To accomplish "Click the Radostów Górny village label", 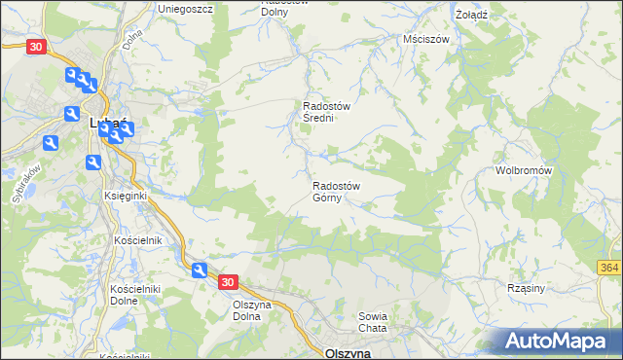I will tap(337, 193).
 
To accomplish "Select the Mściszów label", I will tap(425, 40).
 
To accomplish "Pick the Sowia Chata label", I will tap(373, 322).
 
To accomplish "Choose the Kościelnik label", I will tap(137, 239).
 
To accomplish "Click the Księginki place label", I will tap(125, 196).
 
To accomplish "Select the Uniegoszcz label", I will tap(186, 8).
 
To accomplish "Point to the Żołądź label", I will tap(471, 16).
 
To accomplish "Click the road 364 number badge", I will tap(609, 268).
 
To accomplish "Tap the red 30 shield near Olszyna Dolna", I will tap(227, 282).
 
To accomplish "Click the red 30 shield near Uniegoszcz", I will tap(36, 46).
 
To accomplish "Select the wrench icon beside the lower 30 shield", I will tap(200, 271).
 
